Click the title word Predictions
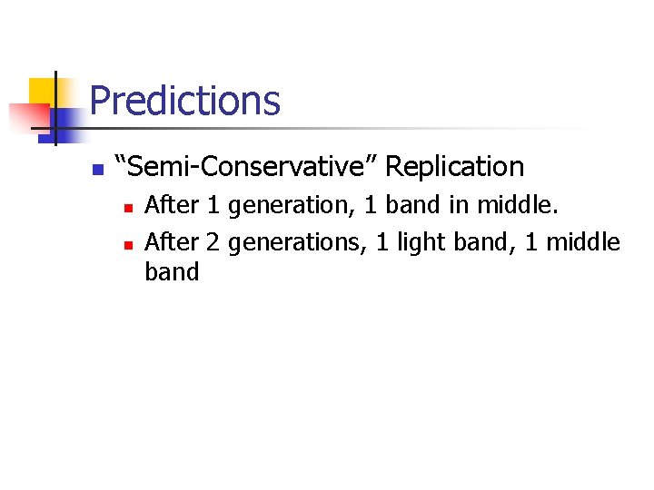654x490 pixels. tap(185, 101)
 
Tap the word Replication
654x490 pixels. tap(455, 167)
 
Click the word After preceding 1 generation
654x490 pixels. tap(172, 206)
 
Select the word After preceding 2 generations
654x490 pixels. tap(172, 242)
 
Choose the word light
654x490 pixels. tap(407, 242)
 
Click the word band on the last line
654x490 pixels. tap(172, 272)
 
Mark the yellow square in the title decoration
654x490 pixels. tap(42, 91)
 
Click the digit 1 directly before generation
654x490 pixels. tap(213, 206)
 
